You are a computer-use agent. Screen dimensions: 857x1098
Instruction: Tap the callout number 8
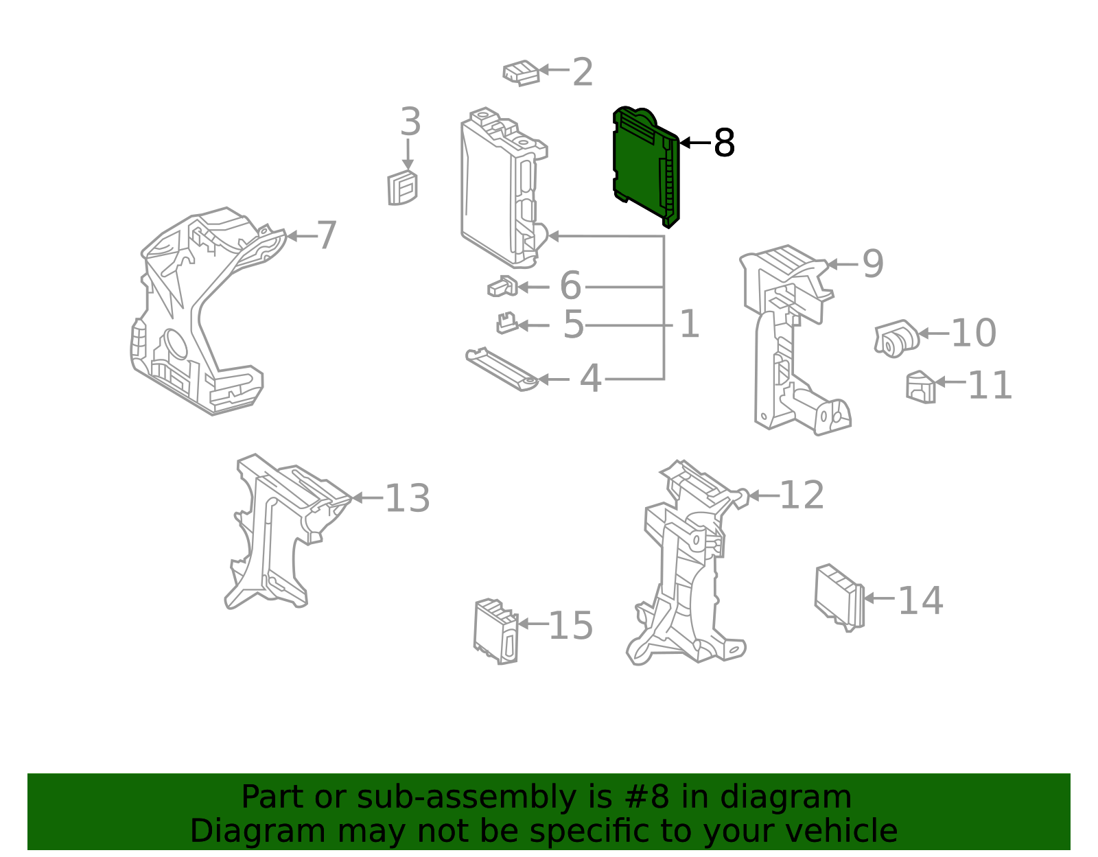coord(724,143)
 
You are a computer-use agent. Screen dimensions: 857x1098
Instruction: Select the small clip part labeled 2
coord(521,72)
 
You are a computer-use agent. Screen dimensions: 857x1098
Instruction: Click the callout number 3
coord(410,123)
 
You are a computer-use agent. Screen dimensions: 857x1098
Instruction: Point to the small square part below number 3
coord(402,188)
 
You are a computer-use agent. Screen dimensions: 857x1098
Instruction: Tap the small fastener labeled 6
coord(502,286)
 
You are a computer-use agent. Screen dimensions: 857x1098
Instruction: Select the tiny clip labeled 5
coord(506,322)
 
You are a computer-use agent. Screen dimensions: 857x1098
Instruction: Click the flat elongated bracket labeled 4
coord(500,369)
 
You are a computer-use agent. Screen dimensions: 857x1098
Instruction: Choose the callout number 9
coord(873,263)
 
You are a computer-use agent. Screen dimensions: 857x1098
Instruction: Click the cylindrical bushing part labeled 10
coord(896,338)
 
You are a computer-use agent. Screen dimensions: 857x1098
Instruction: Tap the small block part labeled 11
coord(920,387)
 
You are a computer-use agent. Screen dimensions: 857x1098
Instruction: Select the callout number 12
coord(802,495)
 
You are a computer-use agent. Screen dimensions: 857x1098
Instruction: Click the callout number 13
coord(408,498)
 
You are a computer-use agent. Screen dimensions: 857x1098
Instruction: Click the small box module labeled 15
coord(495,631)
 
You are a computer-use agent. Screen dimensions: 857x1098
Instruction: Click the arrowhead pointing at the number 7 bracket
coord(291,236)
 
